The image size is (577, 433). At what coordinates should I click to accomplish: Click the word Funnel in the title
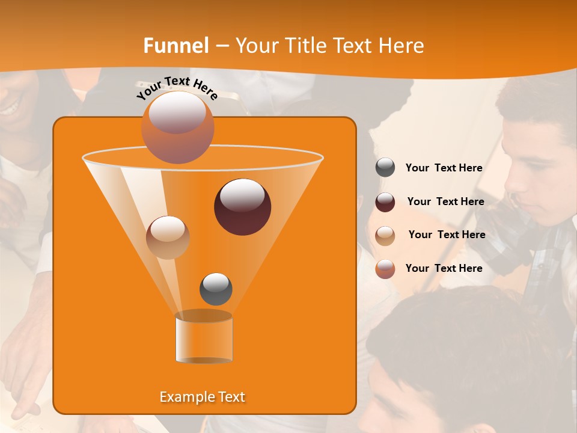[x=176, y=46]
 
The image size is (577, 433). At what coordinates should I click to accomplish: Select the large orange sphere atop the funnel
[x=177, y=127]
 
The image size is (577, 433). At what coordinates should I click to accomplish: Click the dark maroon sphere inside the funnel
[x=242, y=207]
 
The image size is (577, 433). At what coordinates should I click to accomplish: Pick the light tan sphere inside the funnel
[x=168, y=237]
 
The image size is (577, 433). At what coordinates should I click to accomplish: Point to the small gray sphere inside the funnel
[x=216, y=289]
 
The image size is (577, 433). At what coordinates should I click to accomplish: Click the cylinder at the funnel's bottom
[x=204, y=337]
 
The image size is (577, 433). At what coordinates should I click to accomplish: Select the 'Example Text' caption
[x=202, y=397]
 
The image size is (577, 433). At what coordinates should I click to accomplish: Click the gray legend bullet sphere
[x=385, y=168]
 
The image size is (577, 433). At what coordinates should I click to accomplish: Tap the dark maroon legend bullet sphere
[x=385, y=201]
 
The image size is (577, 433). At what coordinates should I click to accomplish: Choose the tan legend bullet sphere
[x=385, y=235]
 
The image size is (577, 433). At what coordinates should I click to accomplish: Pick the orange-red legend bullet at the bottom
[x=385, y=268]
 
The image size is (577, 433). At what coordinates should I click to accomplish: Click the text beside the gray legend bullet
[x=444, y=168]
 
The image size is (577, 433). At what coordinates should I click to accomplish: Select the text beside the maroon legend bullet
[x=445, y=201]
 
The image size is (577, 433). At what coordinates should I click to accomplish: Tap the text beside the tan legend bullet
[x=447, y=235]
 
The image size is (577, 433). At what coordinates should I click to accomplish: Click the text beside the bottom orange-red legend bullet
[x=444, y=268]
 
